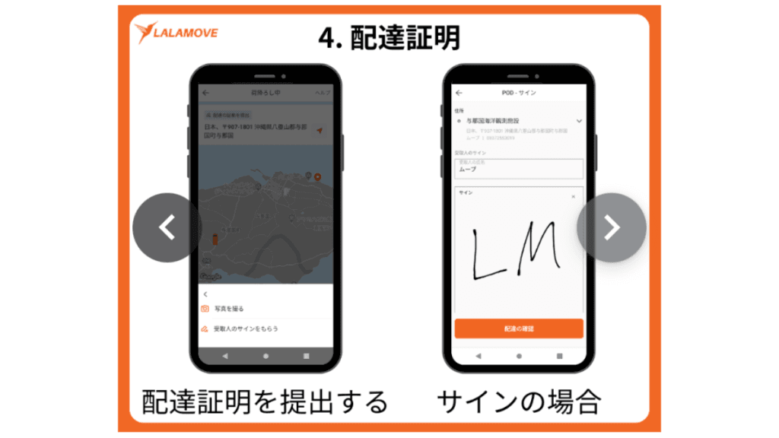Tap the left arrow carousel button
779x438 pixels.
tap(167, 227)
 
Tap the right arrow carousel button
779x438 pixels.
tap(612, 227)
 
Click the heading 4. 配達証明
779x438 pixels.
tap(389, 36)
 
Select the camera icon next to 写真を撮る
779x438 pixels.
tap(205, 309)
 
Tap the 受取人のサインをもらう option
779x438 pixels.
tap(246, 328)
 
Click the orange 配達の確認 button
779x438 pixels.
tap(519, 328)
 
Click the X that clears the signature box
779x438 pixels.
tap(574, 197)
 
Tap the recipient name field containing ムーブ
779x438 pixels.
tap(519, 169)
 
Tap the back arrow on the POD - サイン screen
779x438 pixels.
tap(459, 93)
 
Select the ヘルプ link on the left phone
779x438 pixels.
tap(323, 93)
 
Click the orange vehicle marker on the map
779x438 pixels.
tap(215, 240)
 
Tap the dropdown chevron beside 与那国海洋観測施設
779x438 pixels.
tap(579, 121)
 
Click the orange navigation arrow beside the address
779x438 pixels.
tap(320, 130)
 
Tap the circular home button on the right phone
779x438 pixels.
tap(519, 356)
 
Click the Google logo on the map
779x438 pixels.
tap(211, 276)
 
